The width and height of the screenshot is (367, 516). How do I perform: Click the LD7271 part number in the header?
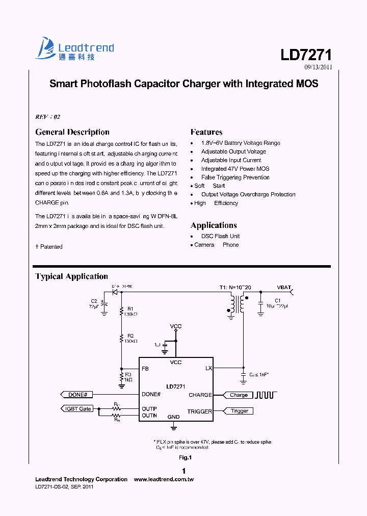point(306,55)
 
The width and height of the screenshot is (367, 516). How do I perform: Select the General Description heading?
point(72,132)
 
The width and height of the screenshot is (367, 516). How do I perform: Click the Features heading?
point(206,132)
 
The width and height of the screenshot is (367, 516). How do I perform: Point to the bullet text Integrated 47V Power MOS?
point(235,169)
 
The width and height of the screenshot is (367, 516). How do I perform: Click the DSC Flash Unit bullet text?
point(220,236)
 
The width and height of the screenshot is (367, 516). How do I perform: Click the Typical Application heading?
point(71,276)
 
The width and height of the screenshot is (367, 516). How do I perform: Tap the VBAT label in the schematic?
point(284,288)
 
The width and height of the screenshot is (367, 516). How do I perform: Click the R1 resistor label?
point(130,308)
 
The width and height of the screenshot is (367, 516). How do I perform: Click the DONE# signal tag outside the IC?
point(76,394)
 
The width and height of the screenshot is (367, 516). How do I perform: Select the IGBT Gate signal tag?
point(77,408)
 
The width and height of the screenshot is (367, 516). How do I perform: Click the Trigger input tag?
point(239,411)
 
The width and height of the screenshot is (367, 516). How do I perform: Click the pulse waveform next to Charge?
point(265,394)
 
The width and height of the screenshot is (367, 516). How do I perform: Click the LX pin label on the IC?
point(208,368)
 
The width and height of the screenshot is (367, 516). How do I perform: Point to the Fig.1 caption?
point(184,457)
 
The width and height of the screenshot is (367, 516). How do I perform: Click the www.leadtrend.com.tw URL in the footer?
point(163,479)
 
